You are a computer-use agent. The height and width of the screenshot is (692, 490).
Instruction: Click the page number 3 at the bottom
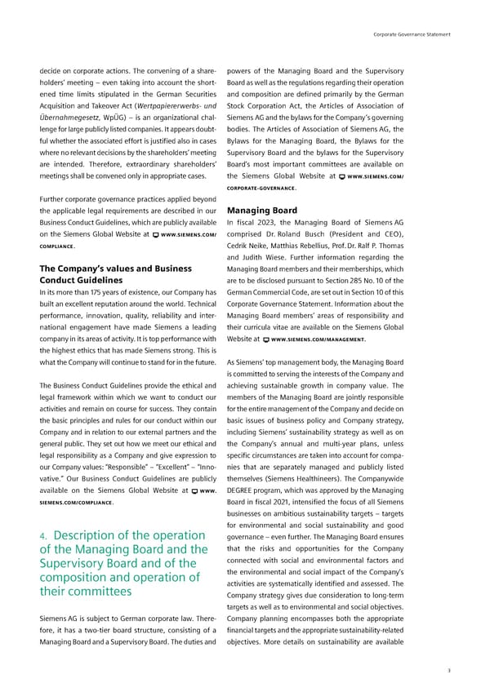(x=448, y=670)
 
